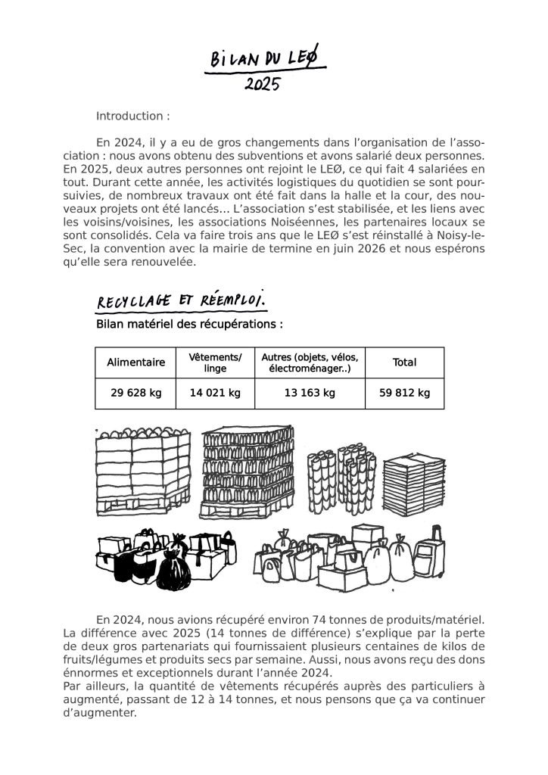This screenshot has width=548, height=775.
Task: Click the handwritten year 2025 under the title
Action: pyautogui.click(x=263, y=83)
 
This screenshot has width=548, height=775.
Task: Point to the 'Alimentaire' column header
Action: pyautogui.click(x=136, y=363)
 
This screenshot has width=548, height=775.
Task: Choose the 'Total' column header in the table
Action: pyautogui.click(x=404, y=363)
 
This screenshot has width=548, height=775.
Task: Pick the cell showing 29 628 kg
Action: pyautogui.click(x=136, y=393)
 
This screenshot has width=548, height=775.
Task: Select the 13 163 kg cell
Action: pyautogui.click(x=309, y=393)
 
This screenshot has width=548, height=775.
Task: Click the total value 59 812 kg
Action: pyautogui.click(x=404, y=393)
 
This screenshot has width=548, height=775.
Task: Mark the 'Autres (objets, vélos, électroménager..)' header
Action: pyautogui.click(x=309, y=363)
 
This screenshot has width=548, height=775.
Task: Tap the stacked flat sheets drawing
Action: pyautogui.click(x=412, y=484)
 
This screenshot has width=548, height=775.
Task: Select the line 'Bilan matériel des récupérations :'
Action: pyautogui.click(x=190, y=324)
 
